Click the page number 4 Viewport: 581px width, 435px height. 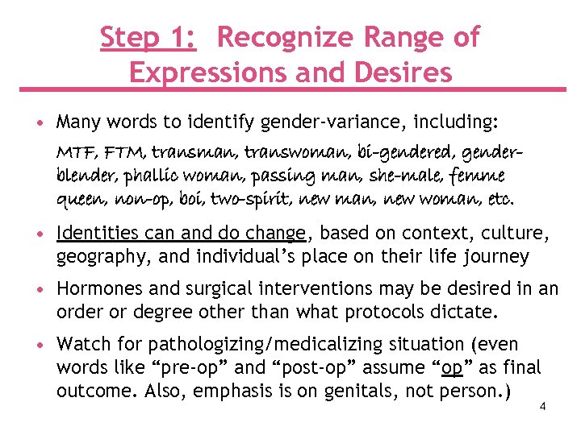543,406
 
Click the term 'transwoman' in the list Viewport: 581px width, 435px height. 289,151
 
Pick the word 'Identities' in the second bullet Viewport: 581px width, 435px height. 98,234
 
